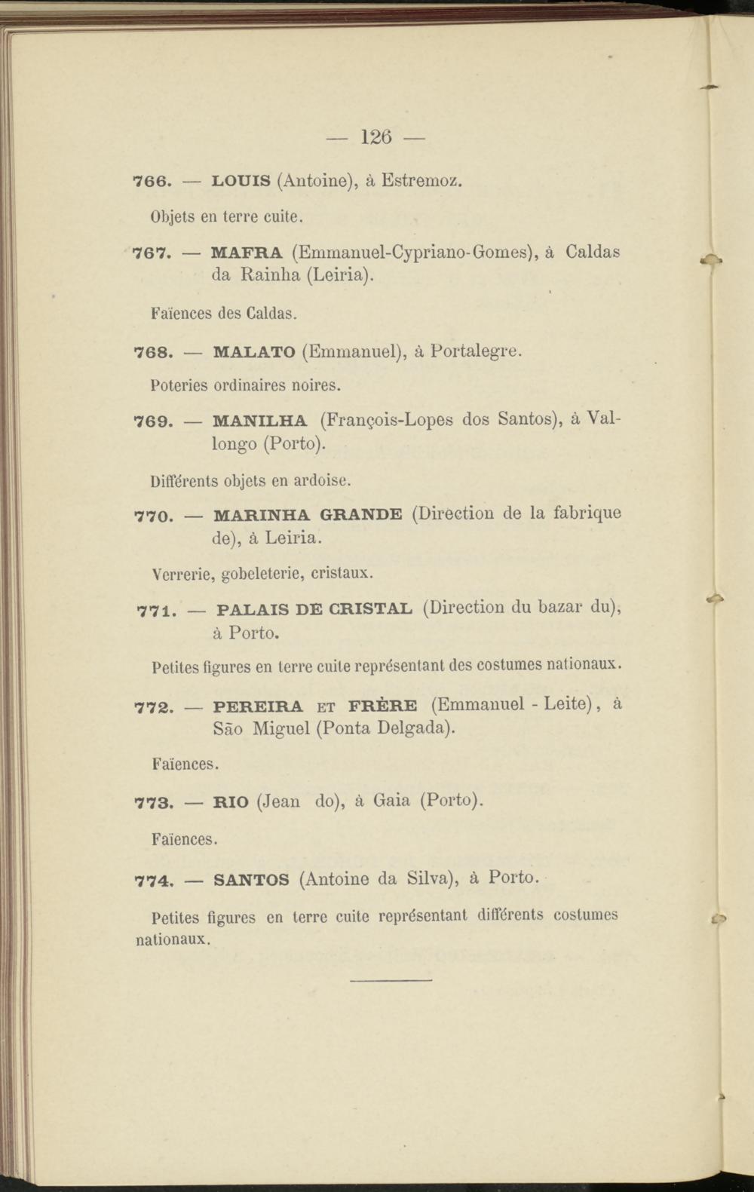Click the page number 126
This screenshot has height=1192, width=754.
[x=376, y=137]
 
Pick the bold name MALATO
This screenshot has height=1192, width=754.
[x=254, y=352]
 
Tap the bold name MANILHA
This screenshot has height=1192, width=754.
[x=260, y=421]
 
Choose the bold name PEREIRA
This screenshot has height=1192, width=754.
[x=258, y=707]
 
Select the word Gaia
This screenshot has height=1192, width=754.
[x=391, y=801]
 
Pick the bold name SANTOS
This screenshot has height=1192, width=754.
[x=251, y=880]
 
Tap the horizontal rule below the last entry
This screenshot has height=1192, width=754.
[x=391, y=980]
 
